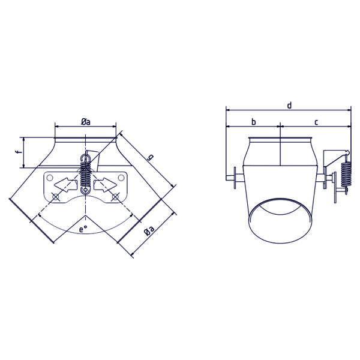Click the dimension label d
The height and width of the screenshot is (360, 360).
(x=290, y=106)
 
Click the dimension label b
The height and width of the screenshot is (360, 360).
(x=253, y=122)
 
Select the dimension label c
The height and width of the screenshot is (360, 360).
(x=316, y=122)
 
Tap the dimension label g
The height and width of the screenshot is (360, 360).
(x=151, y=157)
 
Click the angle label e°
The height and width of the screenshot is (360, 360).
(x=83, y=229)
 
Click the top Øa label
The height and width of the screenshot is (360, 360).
(x=86, y=122)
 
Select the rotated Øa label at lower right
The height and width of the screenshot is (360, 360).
(x=149, y=230)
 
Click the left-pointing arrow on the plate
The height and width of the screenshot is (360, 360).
(x=65, y=185)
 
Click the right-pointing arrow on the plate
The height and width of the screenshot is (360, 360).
(x=105, y=185)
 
